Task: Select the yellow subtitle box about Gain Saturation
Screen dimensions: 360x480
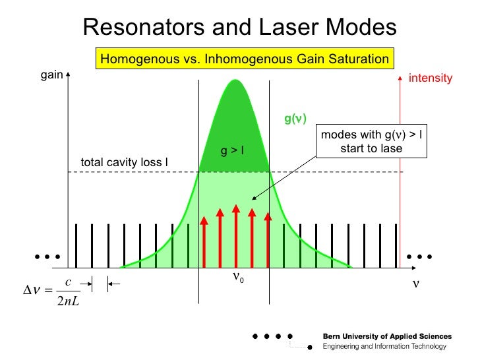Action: (244, 59)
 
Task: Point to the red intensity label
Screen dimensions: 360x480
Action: (431, 78)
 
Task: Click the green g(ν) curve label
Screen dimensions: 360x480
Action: (295, 119)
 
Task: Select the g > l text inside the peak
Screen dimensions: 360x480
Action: (232, 151)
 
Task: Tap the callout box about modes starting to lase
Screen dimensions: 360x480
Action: (371, 142)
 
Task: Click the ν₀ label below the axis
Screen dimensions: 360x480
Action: (238, 278)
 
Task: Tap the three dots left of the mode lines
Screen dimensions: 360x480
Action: (48, 256)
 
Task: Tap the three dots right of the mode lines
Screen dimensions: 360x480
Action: (419, 256)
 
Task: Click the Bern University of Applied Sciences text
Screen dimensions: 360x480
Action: (387, 337)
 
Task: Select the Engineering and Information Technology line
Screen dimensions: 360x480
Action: (384, 347)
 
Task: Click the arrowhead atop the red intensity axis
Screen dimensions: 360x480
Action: (400, 78)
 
